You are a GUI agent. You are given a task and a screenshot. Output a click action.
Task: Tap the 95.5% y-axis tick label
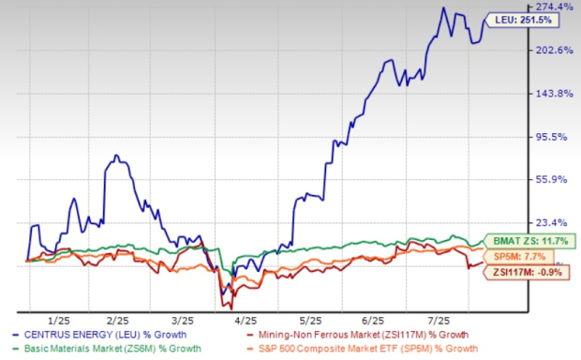[x=553, y=137]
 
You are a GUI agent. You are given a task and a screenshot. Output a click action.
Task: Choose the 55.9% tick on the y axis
[x=553, y=180]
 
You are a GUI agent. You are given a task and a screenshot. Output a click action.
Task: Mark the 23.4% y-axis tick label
[x=553, y=223]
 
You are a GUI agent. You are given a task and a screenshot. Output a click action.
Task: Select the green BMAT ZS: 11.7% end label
[x=527, y=240]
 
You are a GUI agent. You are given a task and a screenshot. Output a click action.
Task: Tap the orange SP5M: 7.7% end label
[x=525, y=256]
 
